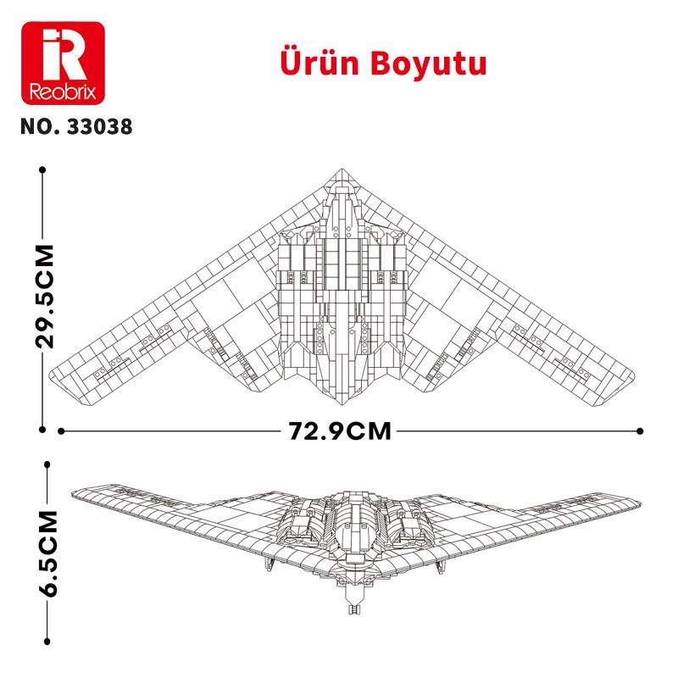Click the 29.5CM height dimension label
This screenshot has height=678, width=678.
click(43, 297)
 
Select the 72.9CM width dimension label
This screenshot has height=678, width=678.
click(340, 431)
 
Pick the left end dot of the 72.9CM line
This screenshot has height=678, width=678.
click(62, 431)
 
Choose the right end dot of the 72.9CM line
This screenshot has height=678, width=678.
click(640, 431)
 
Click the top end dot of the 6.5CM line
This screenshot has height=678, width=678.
click(47, 464)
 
